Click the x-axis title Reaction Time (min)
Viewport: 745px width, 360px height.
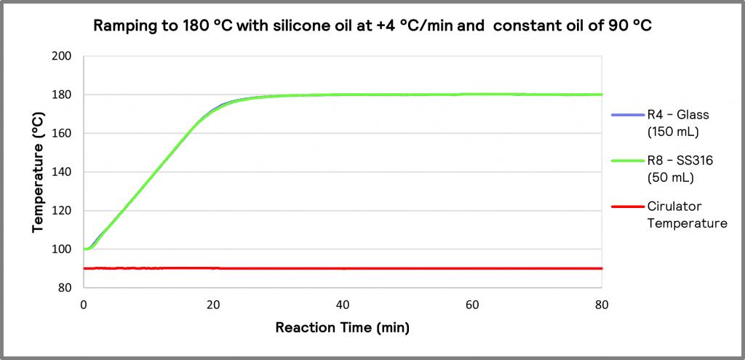point(342,328)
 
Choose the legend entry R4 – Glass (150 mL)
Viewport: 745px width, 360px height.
point(677,122)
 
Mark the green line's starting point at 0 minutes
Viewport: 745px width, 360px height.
point(84,249)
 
